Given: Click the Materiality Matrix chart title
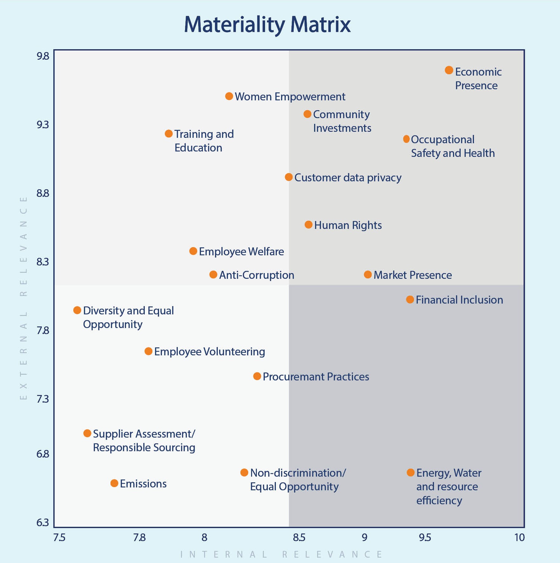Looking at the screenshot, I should tap(267, 24).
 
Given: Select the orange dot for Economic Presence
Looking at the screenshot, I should tap(449, 70).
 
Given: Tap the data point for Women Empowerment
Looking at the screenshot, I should tap(229, 96).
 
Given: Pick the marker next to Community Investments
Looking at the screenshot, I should tap(307, 114).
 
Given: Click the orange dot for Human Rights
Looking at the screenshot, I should tap(309, 225).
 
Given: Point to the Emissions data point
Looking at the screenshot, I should tap(114, 483).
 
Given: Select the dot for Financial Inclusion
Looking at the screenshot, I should tap(410, 299).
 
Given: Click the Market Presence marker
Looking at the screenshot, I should tap(368, 274).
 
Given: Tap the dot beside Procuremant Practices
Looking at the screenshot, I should tap(257, 376).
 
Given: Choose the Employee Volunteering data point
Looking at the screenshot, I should tap(148, 351).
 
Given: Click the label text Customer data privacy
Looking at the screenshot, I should tap(348, 178).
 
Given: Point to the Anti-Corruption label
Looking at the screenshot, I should tap(257, 275).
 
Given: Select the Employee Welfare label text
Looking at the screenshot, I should tap(241, 251).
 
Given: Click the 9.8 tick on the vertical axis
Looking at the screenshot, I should tap(43, 56).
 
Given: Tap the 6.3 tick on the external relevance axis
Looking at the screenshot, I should tap(43, 523).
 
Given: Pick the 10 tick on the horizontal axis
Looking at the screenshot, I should tap(519, 538).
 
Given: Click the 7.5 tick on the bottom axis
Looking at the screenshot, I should tap(59, 538).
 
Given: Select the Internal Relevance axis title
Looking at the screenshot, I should tap(281, 554).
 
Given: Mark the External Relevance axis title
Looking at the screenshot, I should tap(23, 298).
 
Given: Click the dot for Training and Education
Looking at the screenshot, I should tap(169, 134).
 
